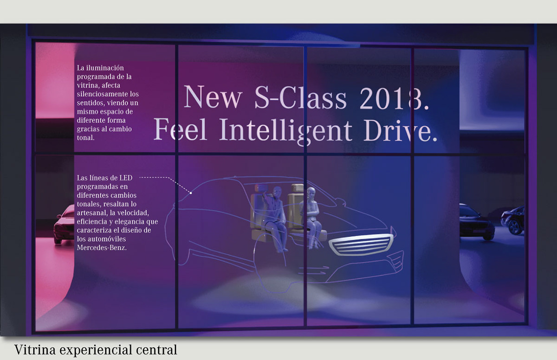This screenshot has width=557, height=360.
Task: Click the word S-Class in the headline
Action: tap(300, 97)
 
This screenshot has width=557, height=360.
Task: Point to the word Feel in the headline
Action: tap(181, 129)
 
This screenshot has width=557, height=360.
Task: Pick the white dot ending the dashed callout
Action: tap(191, 193)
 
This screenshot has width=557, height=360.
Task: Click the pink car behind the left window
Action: tap(64, 225)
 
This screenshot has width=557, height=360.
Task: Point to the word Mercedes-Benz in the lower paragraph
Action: tap(102, 247)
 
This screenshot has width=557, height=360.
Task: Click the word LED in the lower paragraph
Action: tap(126, 178)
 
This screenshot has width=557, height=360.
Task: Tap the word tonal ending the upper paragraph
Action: tap(85, 137)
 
